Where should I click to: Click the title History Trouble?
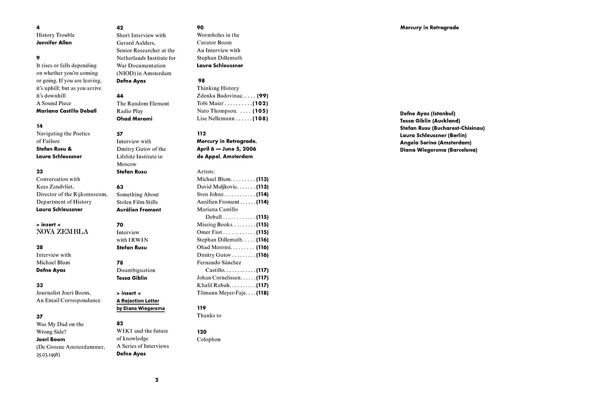pos(55,35)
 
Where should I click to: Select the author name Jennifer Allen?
pos(54,42)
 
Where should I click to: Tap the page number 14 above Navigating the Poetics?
pos(40,126)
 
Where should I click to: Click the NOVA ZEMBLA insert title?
pos(62,232)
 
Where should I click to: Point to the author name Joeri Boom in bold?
pos(50,339)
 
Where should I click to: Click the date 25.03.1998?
pos(48,355)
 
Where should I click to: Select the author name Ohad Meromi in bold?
pos(134,118)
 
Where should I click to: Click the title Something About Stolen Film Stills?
pos(137,198)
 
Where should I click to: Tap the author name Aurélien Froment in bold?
pos(139,209)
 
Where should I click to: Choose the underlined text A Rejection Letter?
pos(138,301)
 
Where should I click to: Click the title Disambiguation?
pos(136,270)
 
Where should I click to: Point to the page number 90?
pos(200,28)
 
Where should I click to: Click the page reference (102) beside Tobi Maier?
pos(260,103)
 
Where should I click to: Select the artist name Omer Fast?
pos(210,232)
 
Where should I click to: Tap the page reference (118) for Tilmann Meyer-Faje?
pos(262,293)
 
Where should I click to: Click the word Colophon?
pos(209,339)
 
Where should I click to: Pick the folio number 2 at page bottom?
pos(157,380)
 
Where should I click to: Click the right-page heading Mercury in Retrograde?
pos(429,28)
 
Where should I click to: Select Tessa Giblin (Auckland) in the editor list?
pos(430,120)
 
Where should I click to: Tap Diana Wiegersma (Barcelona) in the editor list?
pos(439,150)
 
